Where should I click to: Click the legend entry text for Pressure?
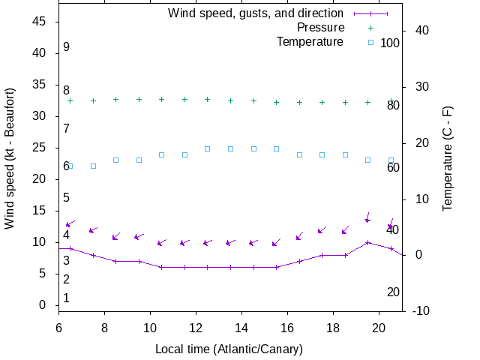tap(320, 28)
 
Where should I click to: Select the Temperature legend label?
tap(310, 42)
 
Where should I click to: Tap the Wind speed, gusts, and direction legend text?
tap(256, 13)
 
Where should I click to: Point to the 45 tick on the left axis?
tap(40, 22)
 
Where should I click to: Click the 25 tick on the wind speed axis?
tap(40, 148)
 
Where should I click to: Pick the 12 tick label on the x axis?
tap(196, 328)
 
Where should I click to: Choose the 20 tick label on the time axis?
tap(379, 328)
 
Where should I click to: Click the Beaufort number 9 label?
tap(66, 47)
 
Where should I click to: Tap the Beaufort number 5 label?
tap(66, 198)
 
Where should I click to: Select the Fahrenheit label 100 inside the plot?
tap(390, 43)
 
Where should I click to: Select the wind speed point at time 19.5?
tap(367, 242)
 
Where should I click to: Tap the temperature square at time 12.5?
tap(208, 148)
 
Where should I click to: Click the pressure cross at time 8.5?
tap(116, 99)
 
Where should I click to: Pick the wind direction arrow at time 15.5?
tap(276, 242)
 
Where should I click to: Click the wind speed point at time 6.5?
tap(70, 248)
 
